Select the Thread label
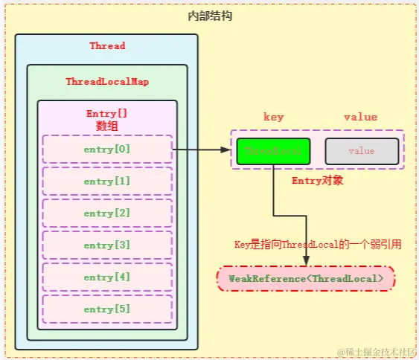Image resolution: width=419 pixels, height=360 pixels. pyautogui.click(x=107, y=46)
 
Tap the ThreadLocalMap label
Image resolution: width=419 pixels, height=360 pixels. pyautogui.click(x=107, y=81)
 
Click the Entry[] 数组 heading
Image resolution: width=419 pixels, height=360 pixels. pyautogui.click(x=107, y=120)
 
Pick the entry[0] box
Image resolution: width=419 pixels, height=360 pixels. pyautogui.click(x=107, y=149)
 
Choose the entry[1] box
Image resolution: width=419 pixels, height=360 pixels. pyautogui.click(x=107, y=181)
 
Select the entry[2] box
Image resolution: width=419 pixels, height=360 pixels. pyautogui.click(x=107, y=213)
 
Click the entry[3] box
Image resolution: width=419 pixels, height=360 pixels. pyautogui.click(x=107, y=245)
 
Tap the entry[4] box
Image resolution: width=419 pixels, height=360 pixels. pyautogui.click(x=107, y=277)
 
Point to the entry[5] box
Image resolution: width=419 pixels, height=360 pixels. pyautogui.click(x=107, y=309)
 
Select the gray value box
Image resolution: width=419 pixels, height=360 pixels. pyautogui.click(x=362, y=151)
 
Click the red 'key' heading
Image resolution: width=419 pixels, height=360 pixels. pyautogui.click(x=274, y=117)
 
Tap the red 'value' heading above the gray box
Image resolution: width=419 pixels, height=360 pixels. pyautogui.click(x=360, y=117)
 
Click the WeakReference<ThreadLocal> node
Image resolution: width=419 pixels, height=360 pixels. pyautogui.click(x=306, y=278)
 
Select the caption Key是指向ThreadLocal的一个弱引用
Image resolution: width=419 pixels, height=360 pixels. pyautogui.click(x=318, y=244)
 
